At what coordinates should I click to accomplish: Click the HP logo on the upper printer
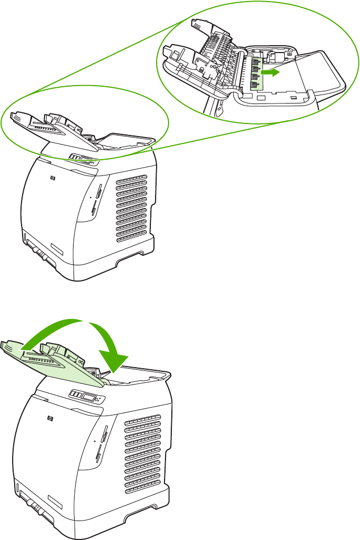click(53, 179)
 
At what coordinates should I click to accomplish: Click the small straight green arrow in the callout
click(269, 74)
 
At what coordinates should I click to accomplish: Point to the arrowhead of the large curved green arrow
click(115, 362)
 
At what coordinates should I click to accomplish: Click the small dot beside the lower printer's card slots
click(96, 442)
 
